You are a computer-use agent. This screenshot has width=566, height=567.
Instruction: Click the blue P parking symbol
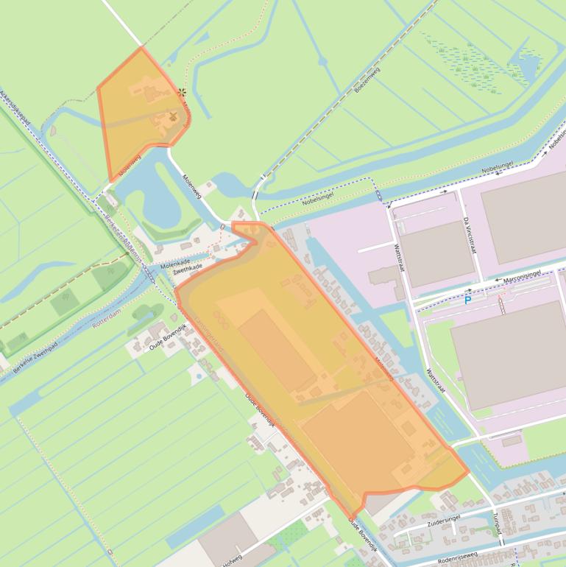[x=467, y=300]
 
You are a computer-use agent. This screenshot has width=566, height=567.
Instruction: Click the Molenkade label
[x=175, y=263]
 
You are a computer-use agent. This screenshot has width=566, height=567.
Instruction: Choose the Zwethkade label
[x=188, y=271]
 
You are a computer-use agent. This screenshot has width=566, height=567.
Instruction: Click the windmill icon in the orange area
[x=173, y=116]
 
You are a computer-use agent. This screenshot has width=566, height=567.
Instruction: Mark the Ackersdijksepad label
[x=18, y=110]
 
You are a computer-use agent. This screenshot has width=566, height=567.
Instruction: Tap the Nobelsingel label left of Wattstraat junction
[x=318, y=200]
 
